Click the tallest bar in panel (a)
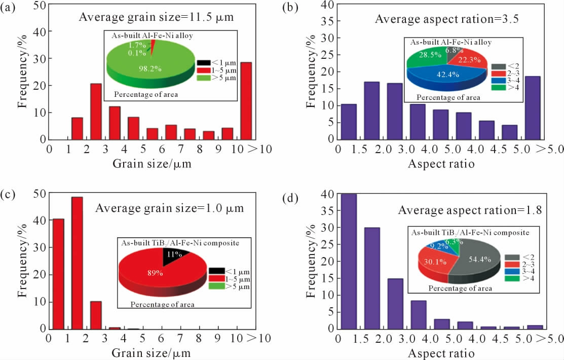(x=246, y=101)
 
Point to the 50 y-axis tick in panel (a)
(x=38, y=6)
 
